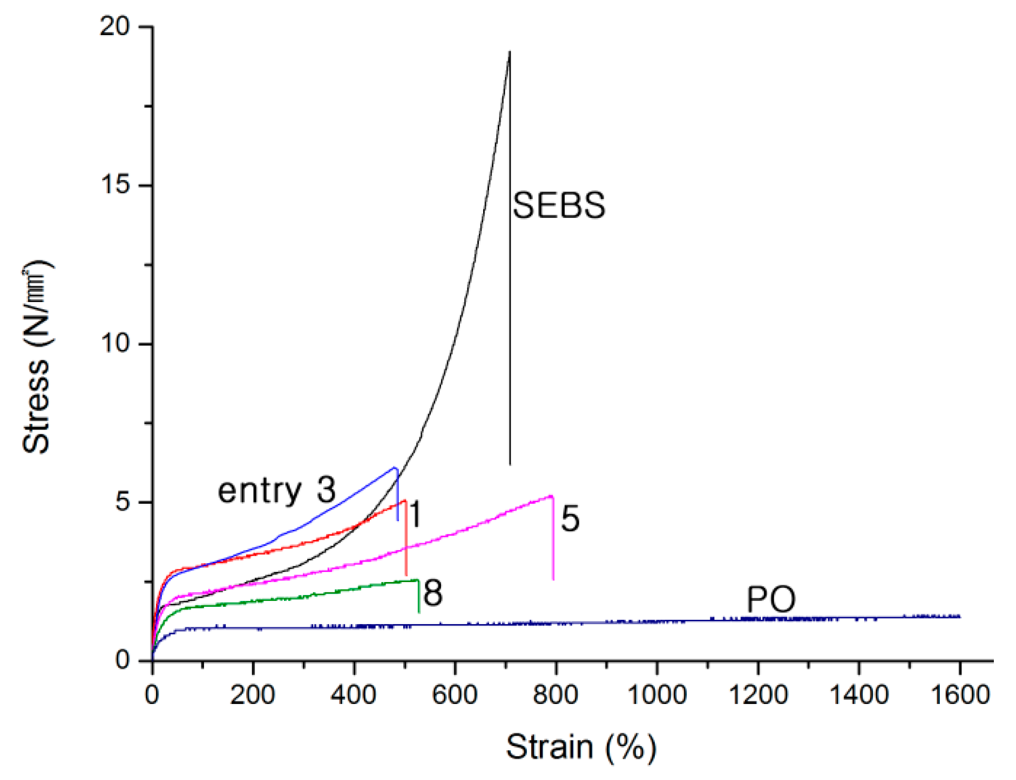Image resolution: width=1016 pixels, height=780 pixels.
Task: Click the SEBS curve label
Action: pos(558,206)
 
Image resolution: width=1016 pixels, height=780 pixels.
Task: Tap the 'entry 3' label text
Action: pos(276,490)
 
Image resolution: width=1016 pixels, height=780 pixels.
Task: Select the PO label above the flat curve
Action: pos(770,599)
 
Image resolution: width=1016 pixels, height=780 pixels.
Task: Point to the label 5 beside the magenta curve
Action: pos(571,519)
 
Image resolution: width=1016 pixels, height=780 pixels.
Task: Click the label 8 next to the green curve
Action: pos(433,593)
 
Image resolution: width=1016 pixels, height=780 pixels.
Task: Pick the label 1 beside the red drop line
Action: pos(415,514)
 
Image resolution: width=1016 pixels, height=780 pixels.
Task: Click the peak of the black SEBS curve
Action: pos(509,52)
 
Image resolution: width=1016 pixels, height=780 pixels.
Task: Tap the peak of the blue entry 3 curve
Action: pos(395,468)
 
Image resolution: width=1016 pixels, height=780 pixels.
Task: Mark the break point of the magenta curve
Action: pos(552,496)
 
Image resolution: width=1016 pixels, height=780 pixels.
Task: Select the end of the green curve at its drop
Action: pos(418,580)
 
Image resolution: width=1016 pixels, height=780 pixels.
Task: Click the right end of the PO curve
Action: pos(959,616)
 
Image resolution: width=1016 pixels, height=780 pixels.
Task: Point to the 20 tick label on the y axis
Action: pos(115,26)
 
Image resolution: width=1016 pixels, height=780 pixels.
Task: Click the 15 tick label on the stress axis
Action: pos(115,184)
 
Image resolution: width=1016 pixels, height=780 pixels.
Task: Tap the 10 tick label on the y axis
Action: pos(115,343)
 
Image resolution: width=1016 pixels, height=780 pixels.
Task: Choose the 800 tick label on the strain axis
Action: pos(556,694)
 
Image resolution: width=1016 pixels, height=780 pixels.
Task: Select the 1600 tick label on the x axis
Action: pos(960,694)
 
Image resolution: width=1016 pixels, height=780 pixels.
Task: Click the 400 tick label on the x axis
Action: pos(354,694)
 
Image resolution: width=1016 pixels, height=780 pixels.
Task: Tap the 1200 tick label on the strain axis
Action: pos(758,694)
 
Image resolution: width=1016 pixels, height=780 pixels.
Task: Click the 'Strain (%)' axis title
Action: pos(581,748)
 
